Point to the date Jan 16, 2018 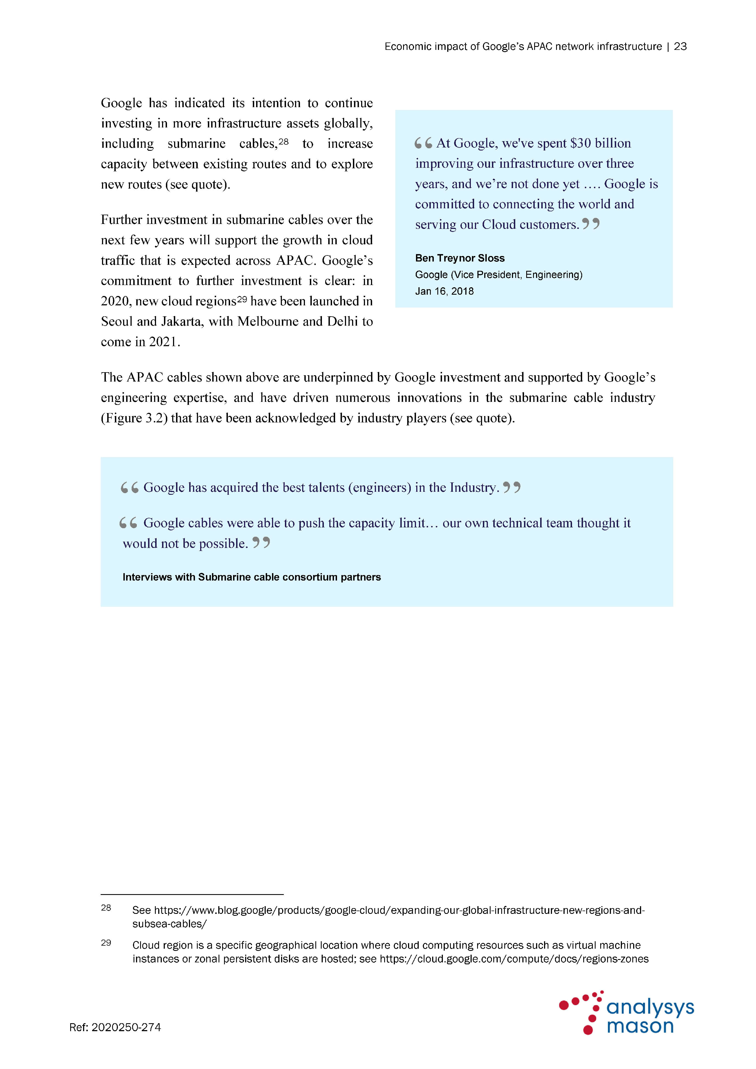[x=444, y=291]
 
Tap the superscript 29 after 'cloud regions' [x=242, y=299]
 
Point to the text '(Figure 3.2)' [x=134, y=418]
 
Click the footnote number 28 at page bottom [x=106, y=908]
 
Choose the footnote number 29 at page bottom [x=106, y=943]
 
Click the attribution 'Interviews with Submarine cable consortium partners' [x=251, y=577]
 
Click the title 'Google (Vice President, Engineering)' [x=499, y=275]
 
